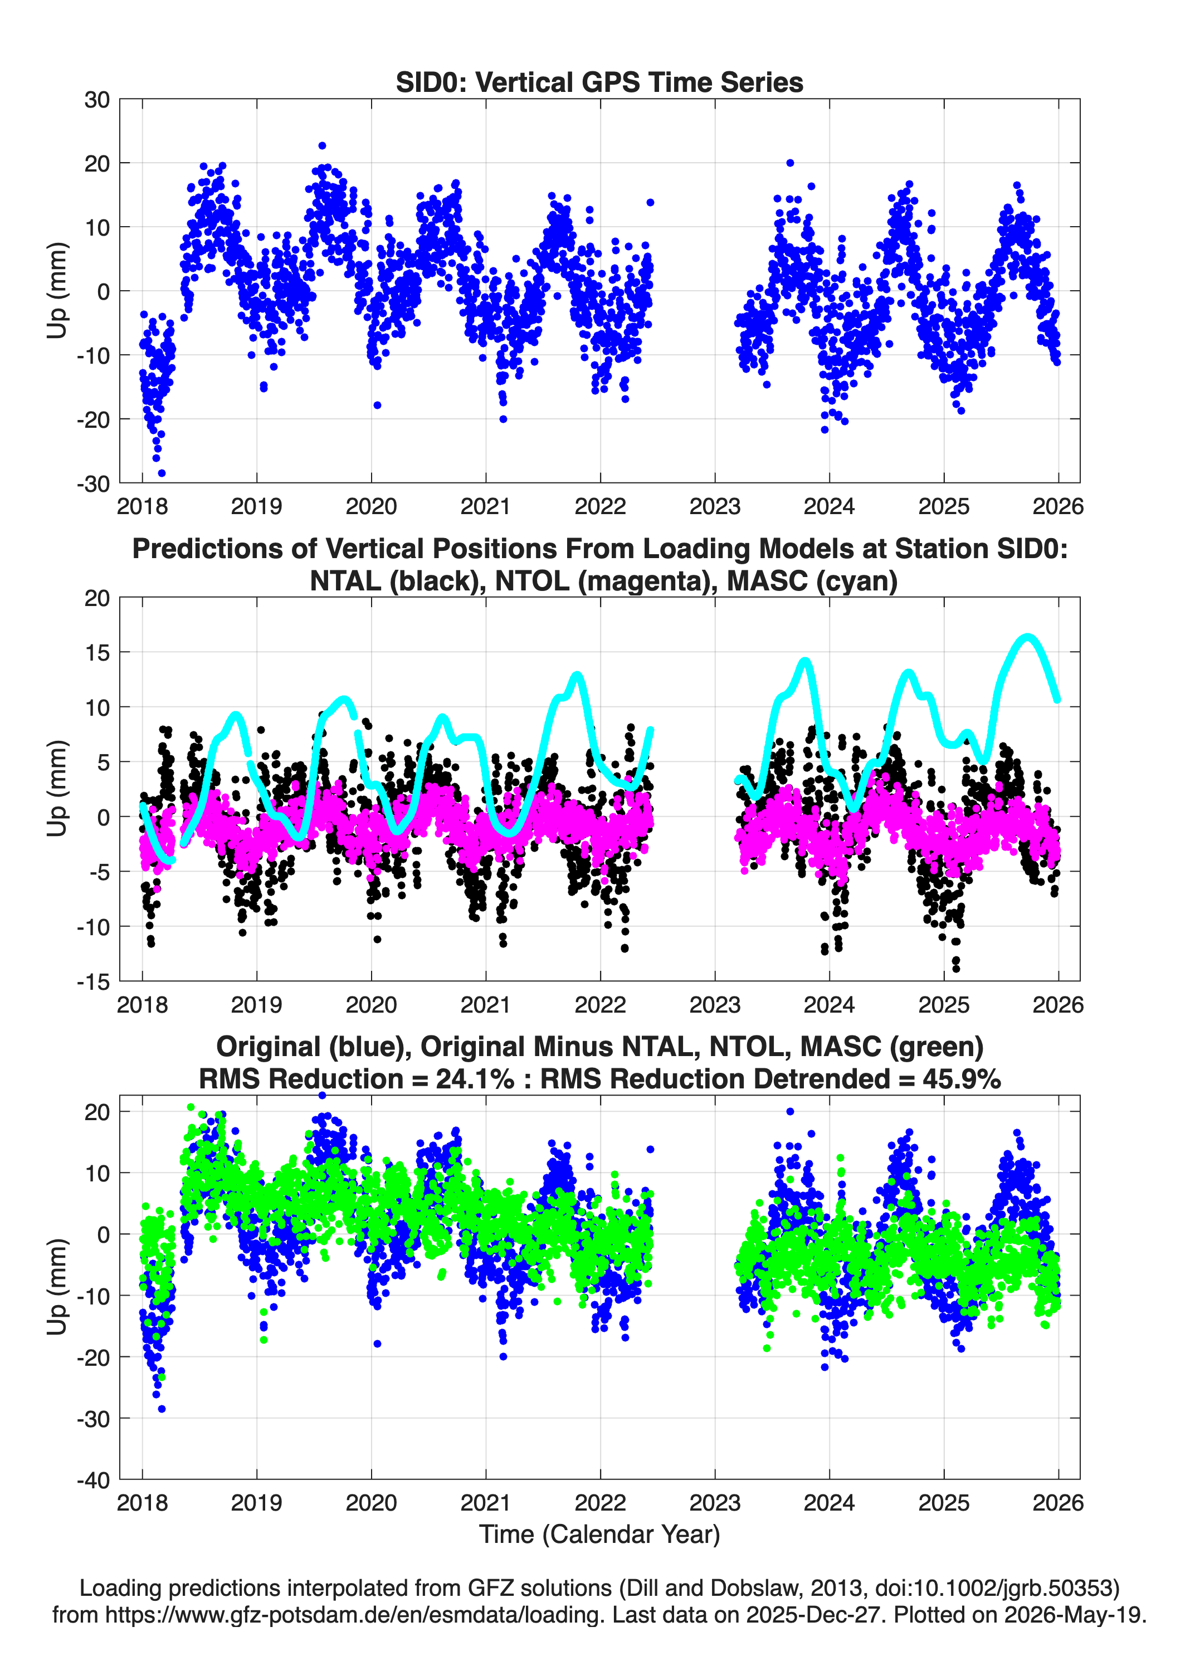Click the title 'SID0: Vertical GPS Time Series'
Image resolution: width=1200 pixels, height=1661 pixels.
point(599,82)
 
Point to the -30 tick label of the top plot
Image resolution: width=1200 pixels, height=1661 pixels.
point(93,483)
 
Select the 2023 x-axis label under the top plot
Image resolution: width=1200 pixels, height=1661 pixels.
point(714,506)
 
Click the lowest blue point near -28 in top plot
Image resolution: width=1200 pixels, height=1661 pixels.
point(162,473)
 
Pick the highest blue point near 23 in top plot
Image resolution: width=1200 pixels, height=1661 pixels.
point(323,146)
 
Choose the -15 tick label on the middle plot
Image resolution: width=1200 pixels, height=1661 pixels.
point(93,982)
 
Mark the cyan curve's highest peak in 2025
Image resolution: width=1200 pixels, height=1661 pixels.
point(1028,637)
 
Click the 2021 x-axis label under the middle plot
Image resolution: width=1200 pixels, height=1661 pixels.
point(485,1005)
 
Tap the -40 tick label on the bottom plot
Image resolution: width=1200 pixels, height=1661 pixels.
point(93,1480)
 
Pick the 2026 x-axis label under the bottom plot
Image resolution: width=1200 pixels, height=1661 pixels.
point(1058,1503)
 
